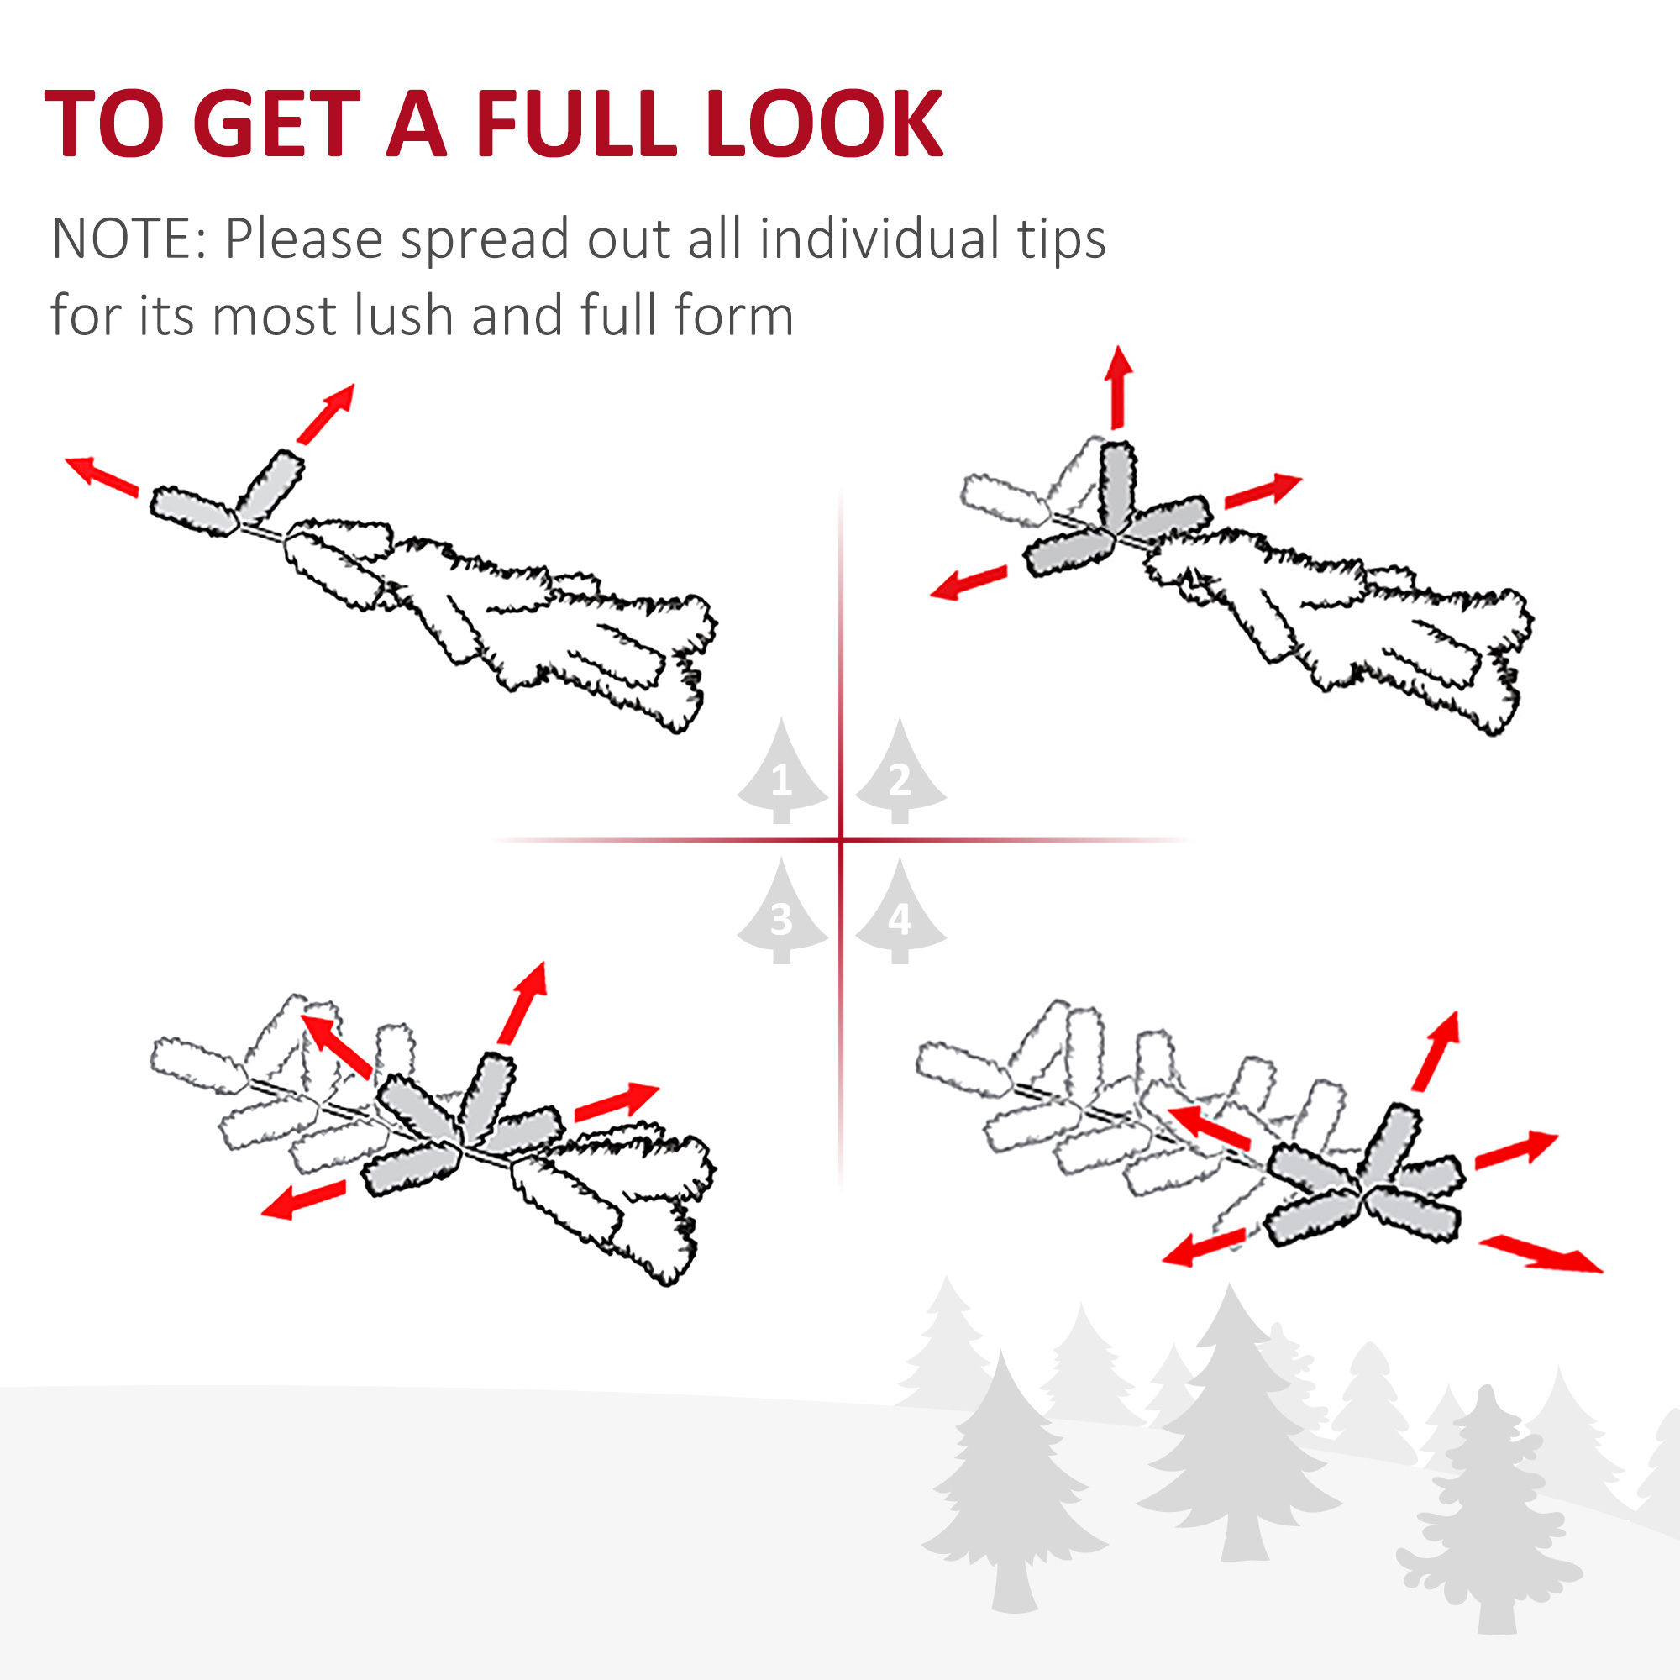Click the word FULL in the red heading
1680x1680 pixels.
575,123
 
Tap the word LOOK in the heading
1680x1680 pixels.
824,123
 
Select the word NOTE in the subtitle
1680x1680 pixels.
123,239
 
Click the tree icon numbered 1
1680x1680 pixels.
782,771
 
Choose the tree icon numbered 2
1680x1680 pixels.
900,771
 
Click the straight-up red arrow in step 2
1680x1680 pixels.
1118,388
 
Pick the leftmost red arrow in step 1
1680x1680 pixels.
102,476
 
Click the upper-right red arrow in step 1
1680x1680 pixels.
326,414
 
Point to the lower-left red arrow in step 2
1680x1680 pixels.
969,583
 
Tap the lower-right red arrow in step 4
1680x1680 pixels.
1541,1255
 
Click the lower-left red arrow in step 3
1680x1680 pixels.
303,1200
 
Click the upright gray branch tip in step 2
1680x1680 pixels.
1117,487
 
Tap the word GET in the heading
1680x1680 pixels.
276,123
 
